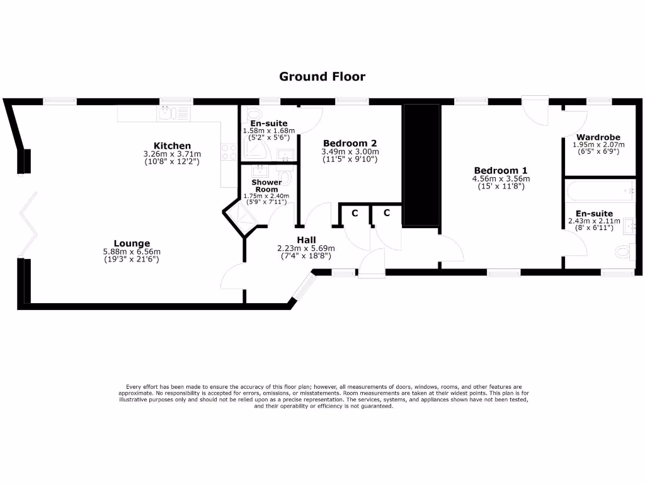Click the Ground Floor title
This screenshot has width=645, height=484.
coord(322,77)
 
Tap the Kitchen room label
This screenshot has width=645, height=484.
coord(172,146)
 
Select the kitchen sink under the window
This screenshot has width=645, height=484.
coord(167,113)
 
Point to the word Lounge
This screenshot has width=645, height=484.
coord(132,243)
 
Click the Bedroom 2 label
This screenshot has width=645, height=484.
coord(350,143)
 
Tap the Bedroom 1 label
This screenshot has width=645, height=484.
coord(501,170)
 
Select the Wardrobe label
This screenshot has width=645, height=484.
coord(598,137)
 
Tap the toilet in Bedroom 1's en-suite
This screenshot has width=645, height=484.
coord(623,252)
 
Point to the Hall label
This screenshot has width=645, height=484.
coord(306,239)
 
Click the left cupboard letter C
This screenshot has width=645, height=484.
coord(355,213)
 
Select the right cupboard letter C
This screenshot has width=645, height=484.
coord(387,213)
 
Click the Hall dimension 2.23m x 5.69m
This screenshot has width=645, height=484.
coord(306,248)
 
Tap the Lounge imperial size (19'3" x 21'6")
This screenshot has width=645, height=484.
coord(132,258)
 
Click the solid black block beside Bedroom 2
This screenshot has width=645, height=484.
coord(421,165)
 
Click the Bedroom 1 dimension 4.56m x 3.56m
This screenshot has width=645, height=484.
coord(501,178)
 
